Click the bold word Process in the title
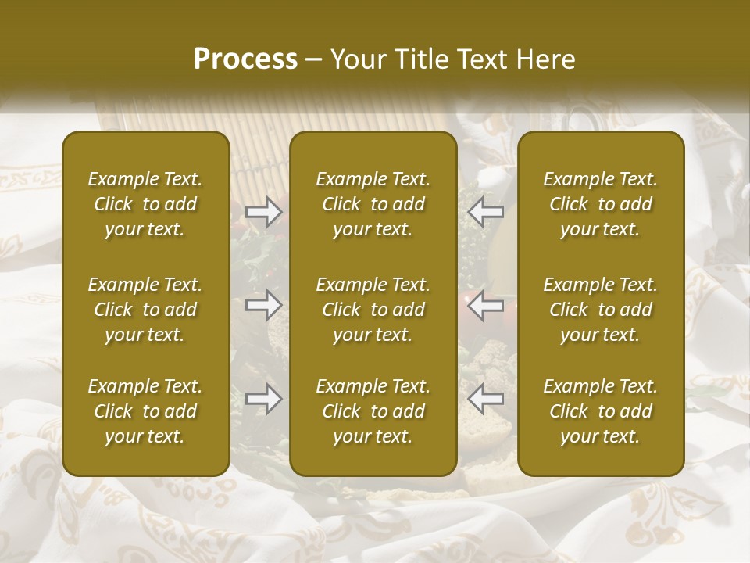click(x=245, y=59)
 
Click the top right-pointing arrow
click(x=264, y=212)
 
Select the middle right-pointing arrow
click(x=264, y=305)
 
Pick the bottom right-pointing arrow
click(x=264, y=399)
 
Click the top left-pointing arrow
click(x=486, y=212)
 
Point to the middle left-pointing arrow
click(x=486, y=305)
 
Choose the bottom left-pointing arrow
click(x=486, y=399)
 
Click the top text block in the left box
click(x=145, y=204)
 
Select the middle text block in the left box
click(x=145, y=310)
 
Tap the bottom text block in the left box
click(x=145, y=411)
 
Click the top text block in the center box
click(x=373, y=204)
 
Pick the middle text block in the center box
click(x=373, y=310)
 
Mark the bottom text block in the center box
click(x=373, y=411)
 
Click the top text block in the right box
click(x=601, y=204)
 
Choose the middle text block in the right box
click(x=601, y=310)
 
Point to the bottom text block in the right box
click(x=601, y=411)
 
